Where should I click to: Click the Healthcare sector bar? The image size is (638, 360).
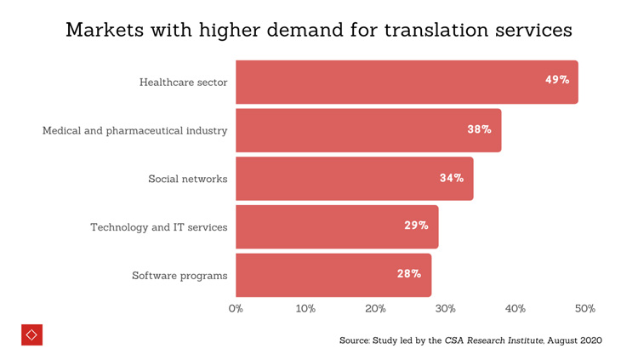pyautogui.click(x=407, y=82)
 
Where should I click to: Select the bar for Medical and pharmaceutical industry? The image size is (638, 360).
pyautogui.click(x=368, y=130)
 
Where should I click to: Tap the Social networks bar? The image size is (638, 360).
pyautogui.click(x=354, y=179)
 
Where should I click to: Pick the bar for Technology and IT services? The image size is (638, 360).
pyautogui.click(x=337, y=226)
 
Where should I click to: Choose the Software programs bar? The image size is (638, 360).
pyautogui.click(x=333, y=275)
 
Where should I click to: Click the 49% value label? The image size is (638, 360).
pyautogui.click(x=557, y=80)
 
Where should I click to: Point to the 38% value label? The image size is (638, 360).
pyautogui.click(x=479, y=129)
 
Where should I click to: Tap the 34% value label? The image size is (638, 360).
pyautogui.click(x=452, y=178)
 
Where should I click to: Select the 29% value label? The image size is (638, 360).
pyautogui.click(x=416, y=226)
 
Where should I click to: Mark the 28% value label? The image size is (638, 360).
pyautogui.click(x=409, y=274)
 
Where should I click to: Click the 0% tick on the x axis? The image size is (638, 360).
pyautogui.click(x=236, y=308)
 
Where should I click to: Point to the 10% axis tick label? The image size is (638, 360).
pyautogui.click(x=305, y=308)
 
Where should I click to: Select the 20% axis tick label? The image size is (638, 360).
pyautogui.click(x=375, y=308)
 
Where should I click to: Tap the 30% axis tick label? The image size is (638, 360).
pyautogui.click(x=446, y=308)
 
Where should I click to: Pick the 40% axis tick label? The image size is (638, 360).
pyautogui.click(x=516, y=308)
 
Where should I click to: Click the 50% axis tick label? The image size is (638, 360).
pyautogui.click(x=585, y=308)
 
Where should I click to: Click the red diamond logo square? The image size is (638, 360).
pyautogui.click(x=31, y=334)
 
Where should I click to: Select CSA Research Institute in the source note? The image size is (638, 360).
pyautogui.click(x=493, y=340)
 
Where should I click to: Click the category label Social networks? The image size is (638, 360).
pyautogui.click(x=187, y=179)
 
